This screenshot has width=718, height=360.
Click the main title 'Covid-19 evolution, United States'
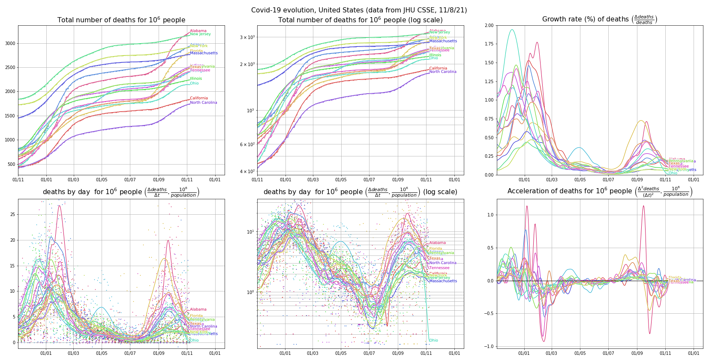coord(359,10)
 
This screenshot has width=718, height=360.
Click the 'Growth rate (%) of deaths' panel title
coord(599,19)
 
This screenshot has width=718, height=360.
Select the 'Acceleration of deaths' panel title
coord(599,191)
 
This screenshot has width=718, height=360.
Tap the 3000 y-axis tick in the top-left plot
coord(10,43)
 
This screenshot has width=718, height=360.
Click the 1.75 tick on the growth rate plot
coord(489,44)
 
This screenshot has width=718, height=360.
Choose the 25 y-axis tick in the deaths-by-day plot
coord(13,214)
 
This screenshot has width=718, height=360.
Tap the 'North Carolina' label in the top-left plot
coord(204,102)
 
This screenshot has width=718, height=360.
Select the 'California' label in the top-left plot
coord(199,98)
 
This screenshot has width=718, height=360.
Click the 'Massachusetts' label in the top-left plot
coord(204,53)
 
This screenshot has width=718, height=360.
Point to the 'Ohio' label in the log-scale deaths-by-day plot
coord(433,340)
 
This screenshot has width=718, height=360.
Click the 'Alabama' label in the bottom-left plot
coord(198,309)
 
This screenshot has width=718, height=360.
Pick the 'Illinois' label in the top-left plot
coord(196,78)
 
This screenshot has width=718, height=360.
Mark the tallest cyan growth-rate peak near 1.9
coord(512,30)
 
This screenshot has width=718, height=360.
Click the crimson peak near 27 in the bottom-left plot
coord(59,206)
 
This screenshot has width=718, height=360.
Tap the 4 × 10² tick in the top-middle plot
coord(247,171)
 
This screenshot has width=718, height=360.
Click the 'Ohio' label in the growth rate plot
coord(673,173)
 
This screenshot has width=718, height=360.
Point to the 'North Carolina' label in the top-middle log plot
coord(443,72)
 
